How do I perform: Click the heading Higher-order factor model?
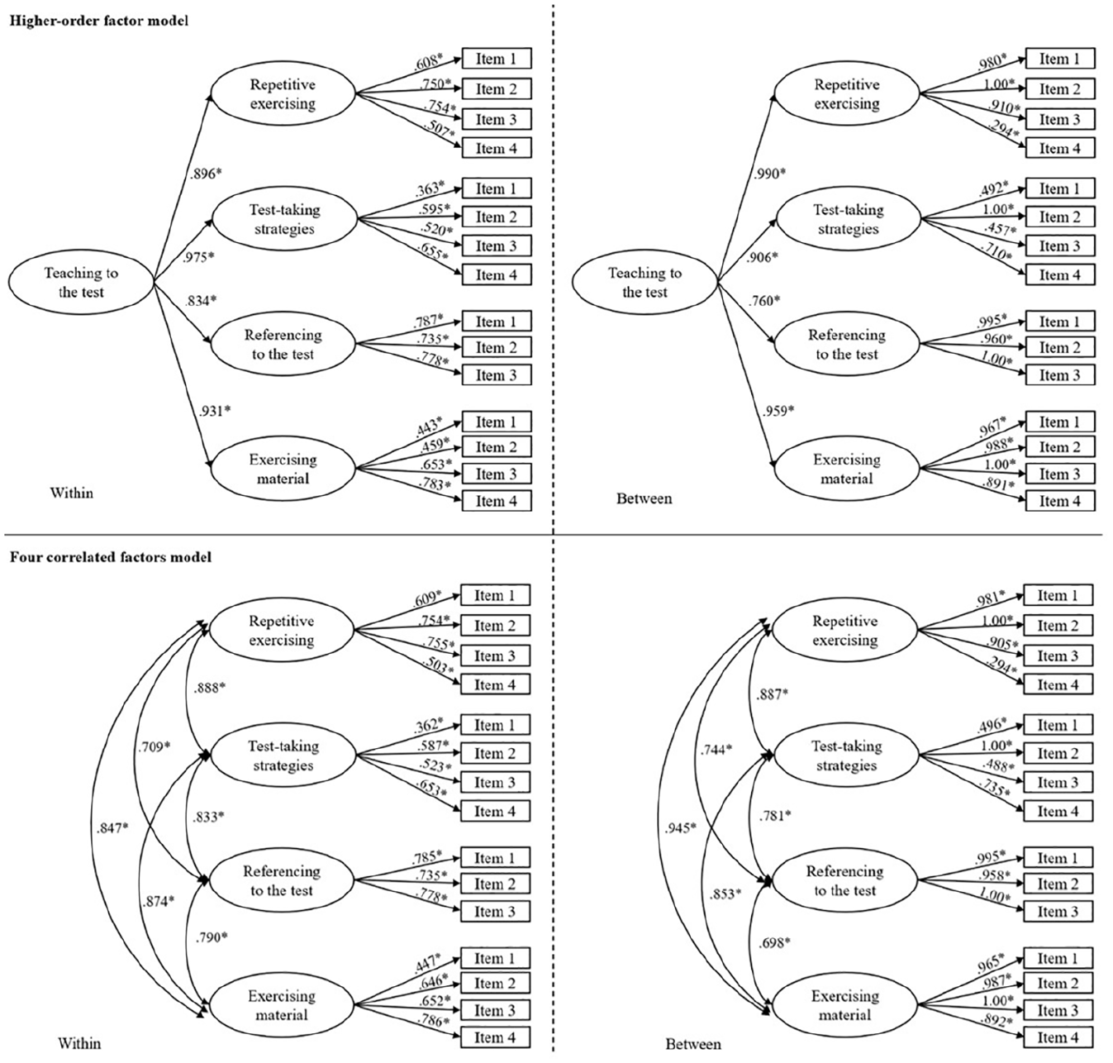[x=98, y=21]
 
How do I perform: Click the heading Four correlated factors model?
[x=111, y=556]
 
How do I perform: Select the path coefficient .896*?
[x=205, y=173]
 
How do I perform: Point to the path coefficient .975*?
[x=198, y=257]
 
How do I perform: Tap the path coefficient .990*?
[x=769, y=173]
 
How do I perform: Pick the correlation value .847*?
[x=112, y=828]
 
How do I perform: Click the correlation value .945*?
[x=681, y=828]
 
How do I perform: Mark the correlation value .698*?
[x=774, y=942]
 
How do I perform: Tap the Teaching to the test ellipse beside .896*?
[x=81, y=282]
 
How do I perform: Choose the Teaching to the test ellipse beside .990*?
[x=644, y=282]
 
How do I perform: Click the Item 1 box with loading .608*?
[x=497, y=59]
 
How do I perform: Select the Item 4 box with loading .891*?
[x=1060, y=501]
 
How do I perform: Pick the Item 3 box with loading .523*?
[x=495, y=782]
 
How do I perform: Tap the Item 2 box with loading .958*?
[x=1058, y=884]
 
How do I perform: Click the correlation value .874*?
[x=158, y=902]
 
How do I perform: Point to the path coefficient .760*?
[x=764, y=300]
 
